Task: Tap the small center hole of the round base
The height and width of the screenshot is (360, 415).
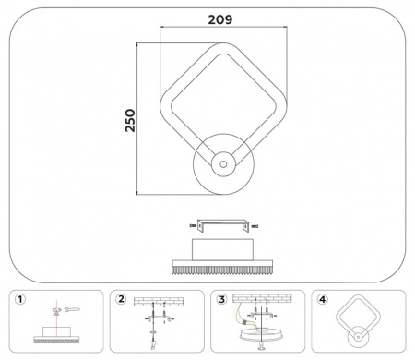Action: click(221, 164)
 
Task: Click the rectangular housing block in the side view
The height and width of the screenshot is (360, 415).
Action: click(221, 249)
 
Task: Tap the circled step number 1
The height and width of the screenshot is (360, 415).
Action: click(19, 298)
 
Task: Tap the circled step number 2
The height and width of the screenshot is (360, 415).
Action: click(120, 298)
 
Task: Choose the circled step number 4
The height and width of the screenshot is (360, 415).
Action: click(321, 298)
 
